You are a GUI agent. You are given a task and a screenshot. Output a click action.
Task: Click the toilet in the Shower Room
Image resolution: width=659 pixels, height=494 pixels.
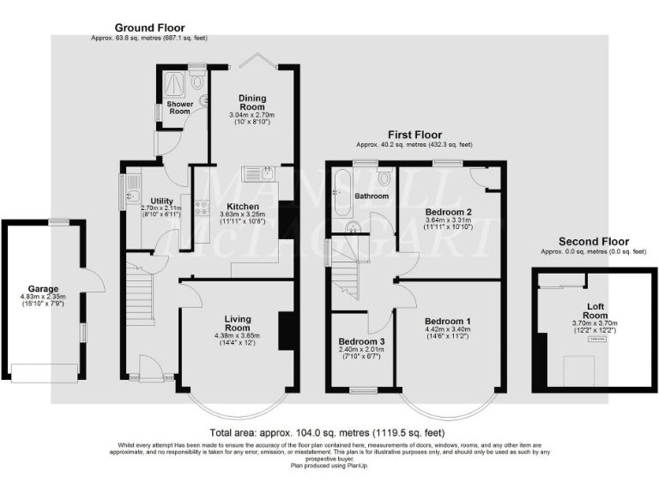point(198,81)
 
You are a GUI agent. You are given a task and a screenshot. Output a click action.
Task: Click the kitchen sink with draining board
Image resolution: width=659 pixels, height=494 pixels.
point(258,174)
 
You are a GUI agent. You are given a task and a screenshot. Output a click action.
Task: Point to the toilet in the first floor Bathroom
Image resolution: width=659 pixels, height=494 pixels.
point(383,178)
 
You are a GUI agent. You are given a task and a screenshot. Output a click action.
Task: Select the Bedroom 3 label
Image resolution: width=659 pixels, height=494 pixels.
point(361,340)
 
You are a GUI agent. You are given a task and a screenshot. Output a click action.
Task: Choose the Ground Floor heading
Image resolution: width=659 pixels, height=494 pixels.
point(149,28)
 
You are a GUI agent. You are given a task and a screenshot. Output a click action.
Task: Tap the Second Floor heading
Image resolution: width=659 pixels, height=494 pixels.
point(593,242)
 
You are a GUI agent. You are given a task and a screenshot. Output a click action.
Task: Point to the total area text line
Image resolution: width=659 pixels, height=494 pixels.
point(328,433)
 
